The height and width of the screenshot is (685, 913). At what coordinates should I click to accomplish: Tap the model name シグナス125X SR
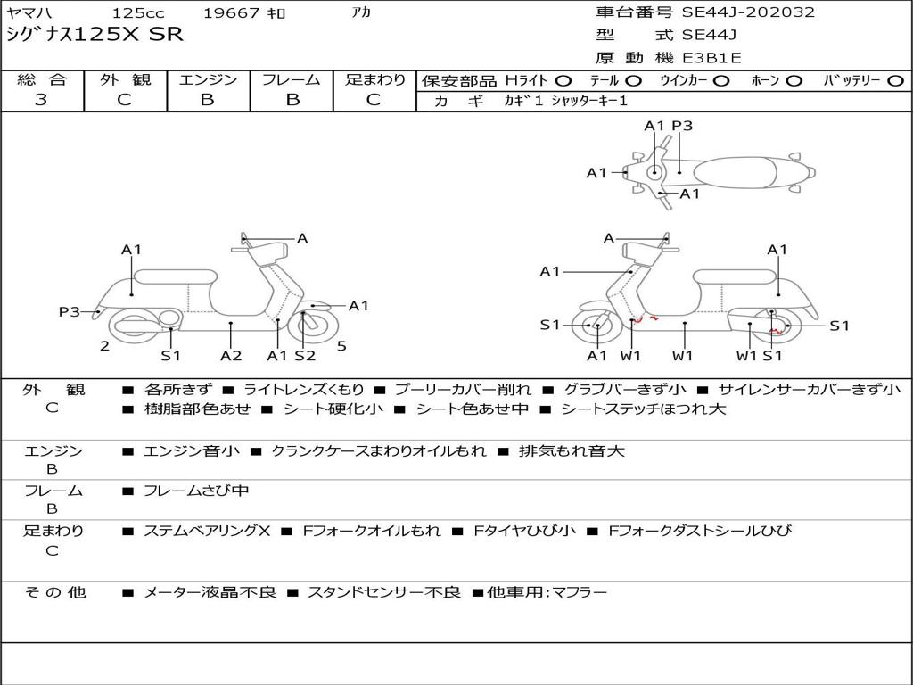pyautogui.click(x=95, y=35)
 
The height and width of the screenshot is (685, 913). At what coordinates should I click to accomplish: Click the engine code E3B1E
pyautogui.click(x=711, y=58)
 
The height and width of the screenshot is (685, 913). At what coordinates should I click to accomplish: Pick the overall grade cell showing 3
pyautogui.click(x=41, y=99)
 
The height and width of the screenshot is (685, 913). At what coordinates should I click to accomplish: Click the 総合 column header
pyautogui.click(x=41, y=79)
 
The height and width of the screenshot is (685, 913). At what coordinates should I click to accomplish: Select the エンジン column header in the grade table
pyautogui.click(x=208, y=79)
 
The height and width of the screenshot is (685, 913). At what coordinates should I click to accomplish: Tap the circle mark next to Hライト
pyautogui.click(x=563, y=80)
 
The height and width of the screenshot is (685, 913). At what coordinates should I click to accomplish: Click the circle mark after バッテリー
pyautogui.click(x=895, y=80)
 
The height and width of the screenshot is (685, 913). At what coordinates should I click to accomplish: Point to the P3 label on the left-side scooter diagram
pyautogui.click(x=70, y=311)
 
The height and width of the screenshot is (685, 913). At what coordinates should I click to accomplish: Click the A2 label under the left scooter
pyautogui.click(x=231, y=355)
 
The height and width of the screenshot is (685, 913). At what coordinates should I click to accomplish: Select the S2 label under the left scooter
pyautogui.click(x=305, y=355)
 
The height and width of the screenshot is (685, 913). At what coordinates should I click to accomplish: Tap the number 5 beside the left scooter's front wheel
pyautogui.click(x=341, y=346)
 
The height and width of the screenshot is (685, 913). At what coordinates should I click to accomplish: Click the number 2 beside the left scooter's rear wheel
pyautogui.click(x=104, y=346)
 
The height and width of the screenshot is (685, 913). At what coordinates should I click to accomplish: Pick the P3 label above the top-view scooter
pyautogui.click(x=682, y=126)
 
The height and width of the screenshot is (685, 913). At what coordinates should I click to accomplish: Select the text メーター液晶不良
pyautogui.click(x=210, y=592)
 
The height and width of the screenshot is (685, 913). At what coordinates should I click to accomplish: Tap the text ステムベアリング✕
pyautogui.click(x=206, y=531)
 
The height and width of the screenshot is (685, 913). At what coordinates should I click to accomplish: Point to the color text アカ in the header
pyautogui.click(x=361, y=13)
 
